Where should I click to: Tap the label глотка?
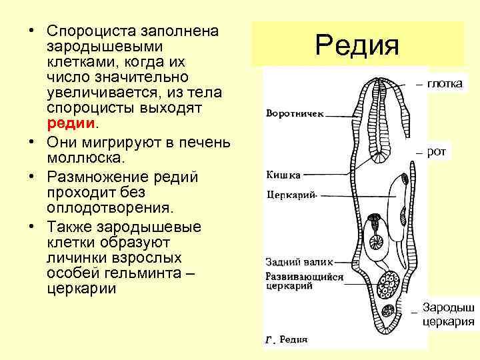(448, 84)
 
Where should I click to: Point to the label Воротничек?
(295, 113)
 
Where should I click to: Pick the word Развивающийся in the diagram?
(304, 275)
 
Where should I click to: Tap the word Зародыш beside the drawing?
(448, 308)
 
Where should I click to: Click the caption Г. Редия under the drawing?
(287, 339)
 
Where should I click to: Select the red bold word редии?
(72, 124)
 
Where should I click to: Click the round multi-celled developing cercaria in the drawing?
(387, 286)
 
